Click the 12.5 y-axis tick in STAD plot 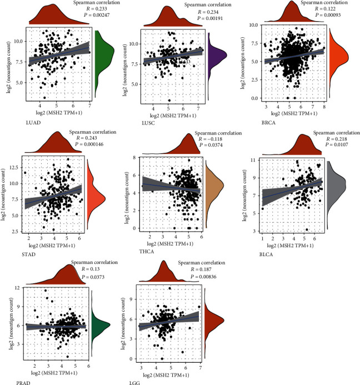tap(18, 166)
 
